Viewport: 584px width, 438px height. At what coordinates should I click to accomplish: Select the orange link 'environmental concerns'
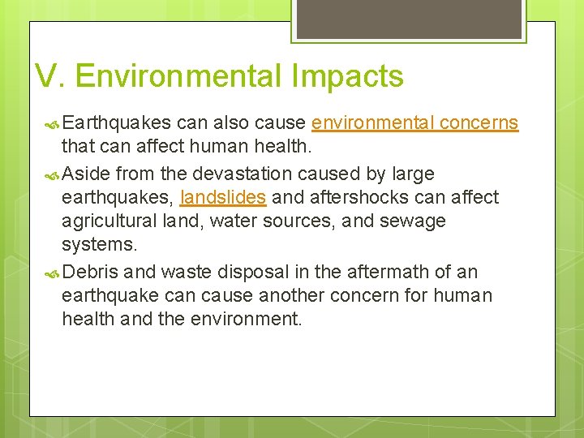tap(414, 123)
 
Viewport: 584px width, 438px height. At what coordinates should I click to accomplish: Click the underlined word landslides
tap(223, 197)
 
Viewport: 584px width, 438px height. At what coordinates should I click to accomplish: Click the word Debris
tap(90, 271)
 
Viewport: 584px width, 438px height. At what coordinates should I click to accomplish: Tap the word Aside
tap(86, 174)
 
